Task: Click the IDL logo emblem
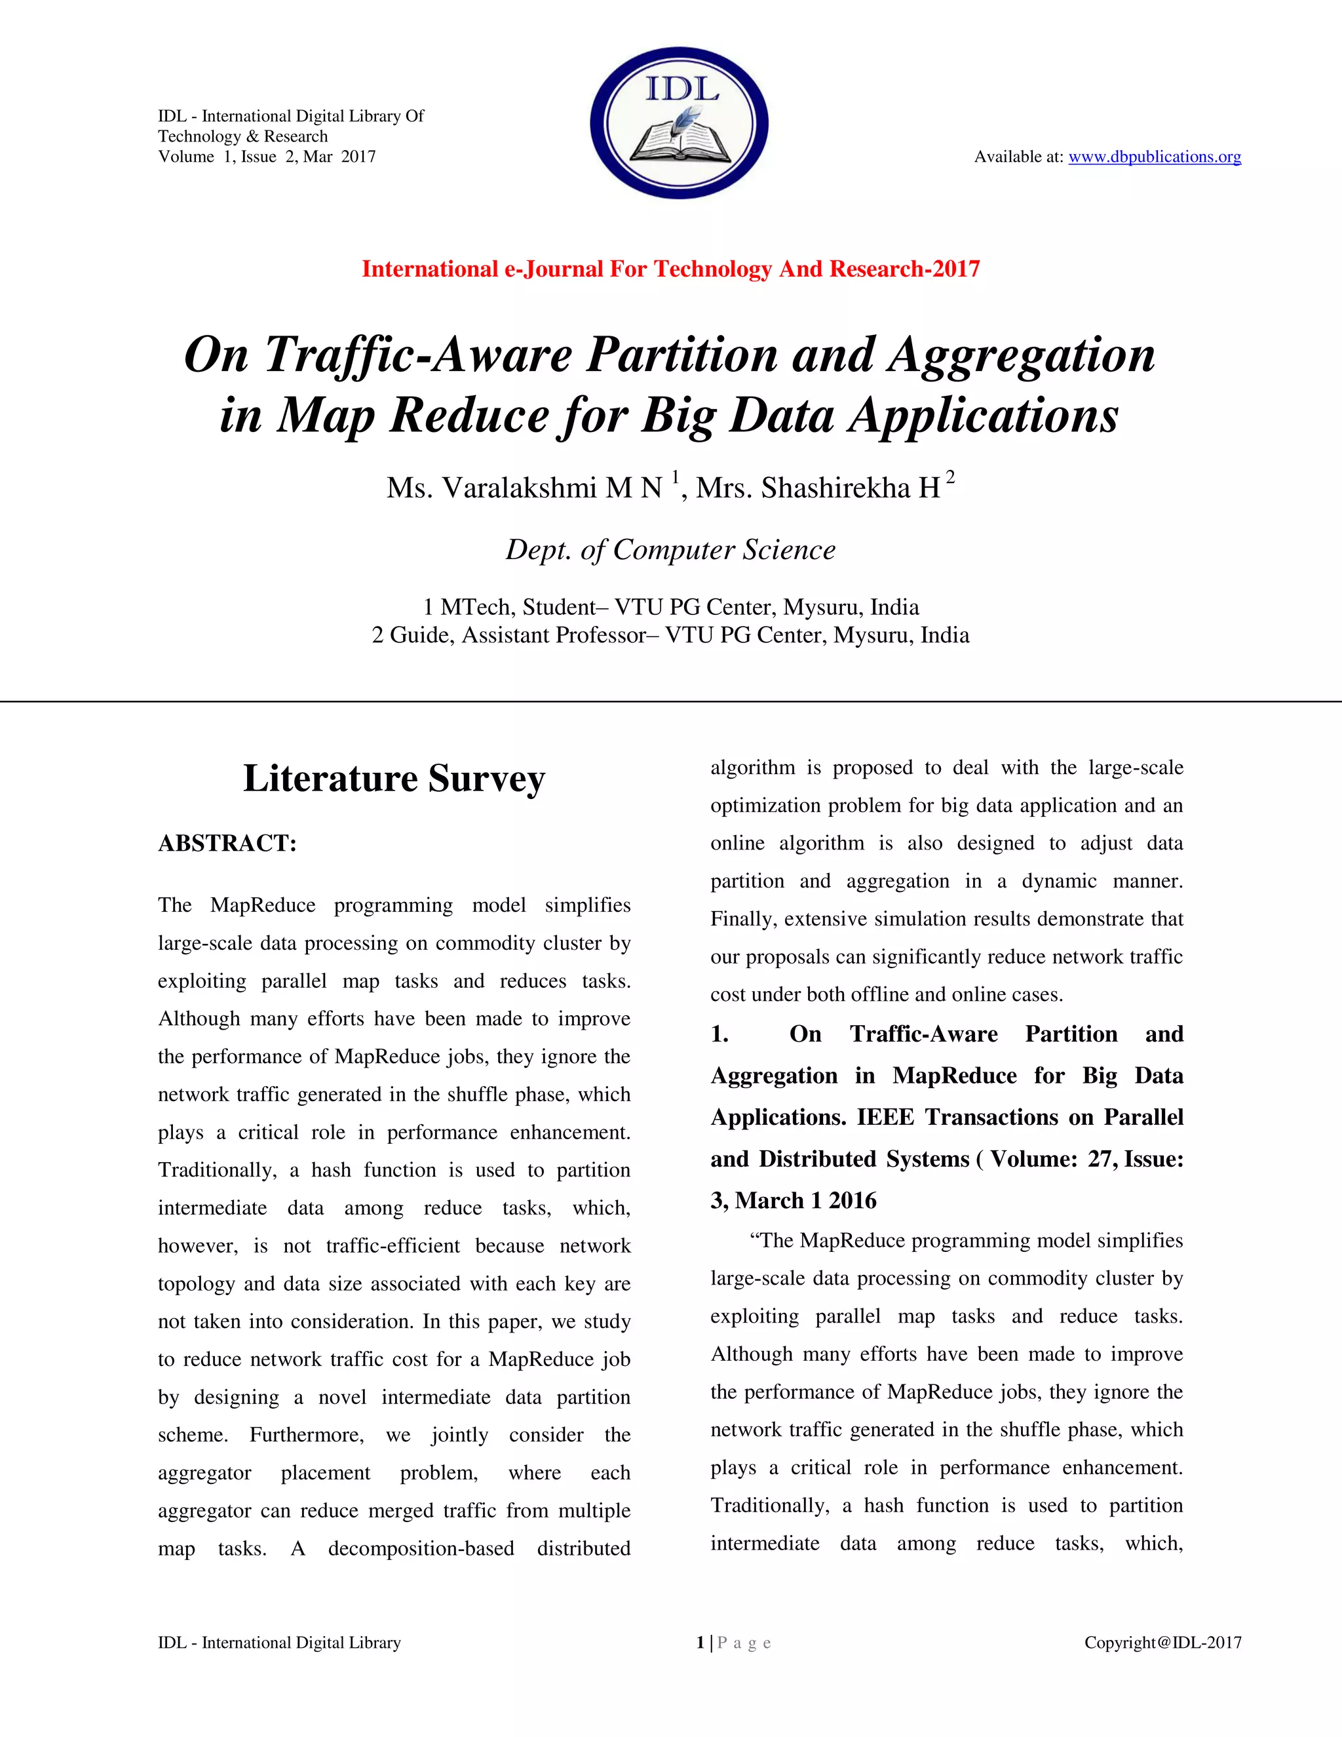[x=678, y=123]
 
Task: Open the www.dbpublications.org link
[x=1155, y=157]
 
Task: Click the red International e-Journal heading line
[x=670, y=269]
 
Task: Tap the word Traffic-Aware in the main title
[x=417, y=355]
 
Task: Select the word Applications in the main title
[x=984, y=415]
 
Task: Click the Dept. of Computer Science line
[x=670, y=549]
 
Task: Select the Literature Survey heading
[x=394, y=778]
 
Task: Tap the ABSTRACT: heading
[x=227, y=843]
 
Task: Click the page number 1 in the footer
[x=700, y=1643]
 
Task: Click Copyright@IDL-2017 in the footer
[x=1162, y=1643]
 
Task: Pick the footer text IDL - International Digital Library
[x=279, y=1643]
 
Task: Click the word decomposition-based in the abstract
[x=421, y=1548]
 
